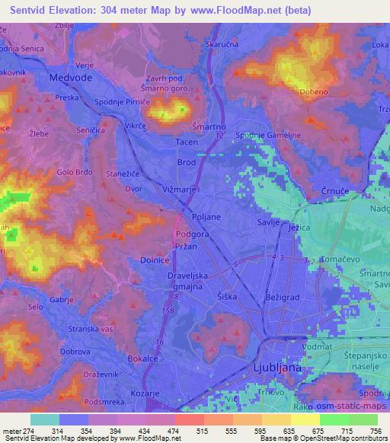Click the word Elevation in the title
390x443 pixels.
85,10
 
